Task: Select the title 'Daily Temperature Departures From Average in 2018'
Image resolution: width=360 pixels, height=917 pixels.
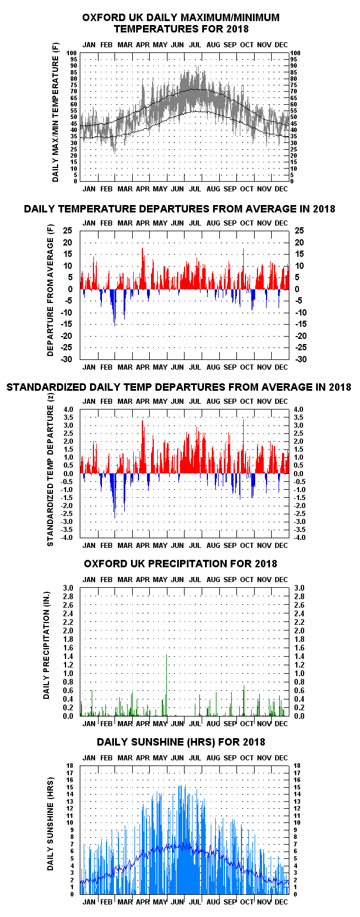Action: pyautogui.click(x=179, y=209)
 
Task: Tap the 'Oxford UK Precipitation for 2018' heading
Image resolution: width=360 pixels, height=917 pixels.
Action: pyautogui.click(x=181, y=564)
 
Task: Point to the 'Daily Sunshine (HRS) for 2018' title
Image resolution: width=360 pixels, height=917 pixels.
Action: pyautogui.click(x=181, y=742)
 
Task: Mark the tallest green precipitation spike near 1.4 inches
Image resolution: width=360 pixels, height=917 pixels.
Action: pyautogui.click(x=167, y=685)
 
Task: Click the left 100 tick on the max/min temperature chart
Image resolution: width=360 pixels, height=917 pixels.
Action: pyautogui.click(x=72, y=53)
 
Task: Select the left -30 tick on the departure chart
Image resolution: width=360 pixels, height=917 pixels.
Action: pyautogui.click(x=67, y=359)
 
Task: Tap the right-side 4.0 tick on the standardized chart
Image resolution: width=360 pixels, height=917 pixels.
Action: pyautogui.click(x=299, y=410)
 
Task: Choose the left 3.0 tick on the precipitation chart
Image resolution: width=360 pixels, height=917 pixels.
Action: pyautogui.click(x=68, y=588)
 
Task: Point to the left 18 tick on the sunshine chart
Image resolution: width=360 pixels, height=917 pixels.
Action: pyautogui.click(x=70, y=765)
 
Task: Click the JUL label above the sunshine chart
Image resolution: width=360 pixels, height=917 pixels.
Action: pyautogui.click(x=195, y=758)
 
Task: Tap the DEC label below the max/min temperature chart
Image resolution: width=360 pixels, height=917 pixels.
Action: pyautogui.click(x=281, y=189)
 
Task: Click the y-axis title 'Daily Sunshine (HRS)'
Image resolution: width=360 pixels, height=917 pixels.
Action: pyautogui.click(x=50, y=829)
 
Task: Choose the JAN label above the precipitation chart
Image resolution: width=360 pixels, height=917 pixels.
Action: pyautogui.click(x=89, y=579)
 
